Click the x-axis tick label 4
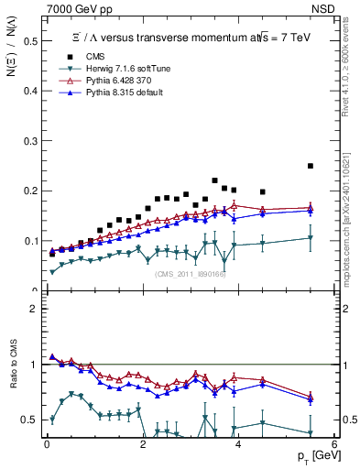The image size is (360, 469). tap(238, 443)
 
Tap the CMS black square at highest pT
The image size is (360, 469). tap(311, 166)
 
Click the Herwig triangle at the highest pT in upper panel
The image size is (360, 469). tap(311, 238)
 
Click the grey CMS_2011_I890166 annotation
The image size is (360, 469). tap(191, 274)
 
